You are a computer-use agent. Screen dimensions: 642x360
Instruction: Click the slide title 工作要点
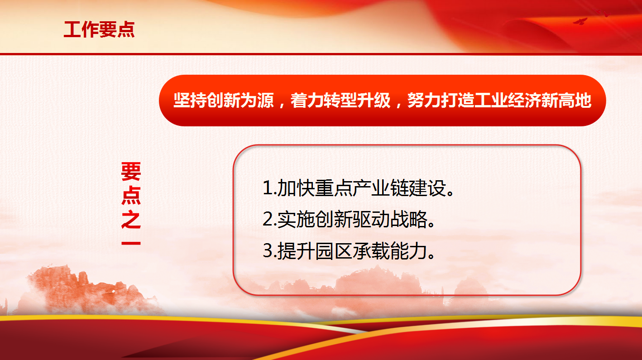point(99,29)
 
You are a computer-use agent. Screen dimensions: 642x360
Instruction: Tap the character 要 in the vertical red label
point(131,172)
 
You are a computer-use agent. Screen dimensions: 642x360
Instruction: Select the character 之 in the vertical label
point(131,219)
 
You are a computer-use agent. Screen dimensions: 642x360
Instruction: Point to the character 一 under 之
point(131,243)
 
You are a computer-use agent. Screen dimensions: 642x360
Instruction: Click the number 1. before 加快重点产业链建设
point(270,188)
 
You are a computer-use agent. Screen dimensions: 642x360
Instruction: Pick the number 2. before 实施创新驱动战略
point(270,220)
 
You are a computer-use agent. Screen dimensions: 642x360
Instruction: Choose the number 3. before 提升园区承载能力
point(270,251)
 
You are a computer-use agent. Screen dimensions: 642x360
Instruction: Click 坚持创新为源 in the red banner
point(224,101)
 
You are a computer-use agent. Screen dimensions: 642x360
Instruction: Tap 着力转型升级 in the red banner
point(340,101)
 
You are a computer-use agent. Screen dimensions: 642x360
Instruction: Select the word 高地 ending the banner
point(575,101)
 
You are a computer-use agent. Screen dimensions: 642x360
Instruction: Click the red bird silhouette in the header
point(580,21)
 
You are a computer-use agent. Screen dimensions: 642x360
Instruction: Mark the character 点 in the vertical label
point(131,196)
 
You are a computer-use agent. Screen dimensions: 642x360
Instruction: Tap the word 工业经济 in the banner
point(508,101)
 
